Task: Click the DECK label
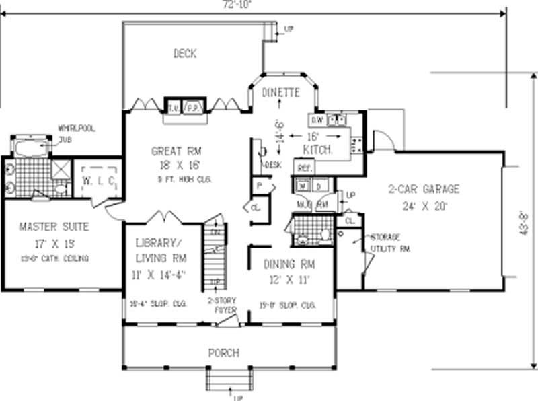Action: tap(184, 53)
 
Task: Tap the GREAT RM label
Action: tap(176, 151)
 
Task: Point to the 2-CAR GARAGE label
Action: tap(424, 189)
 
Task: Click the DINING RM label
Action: tap(289, 264)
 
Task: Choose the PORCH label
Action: tap(224, 353)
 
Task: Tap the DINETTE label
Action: tap(280, 94)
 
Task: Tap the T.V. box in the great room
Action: tap(174, 107)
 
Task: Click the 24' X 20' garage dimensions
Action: tap(423, 207)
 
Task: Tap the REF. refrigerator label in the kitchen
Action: tap(303, 167)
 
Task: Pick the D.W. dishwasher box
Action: tap(317, 120)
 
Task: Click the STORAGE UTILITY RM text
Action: tap(386, 242)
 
